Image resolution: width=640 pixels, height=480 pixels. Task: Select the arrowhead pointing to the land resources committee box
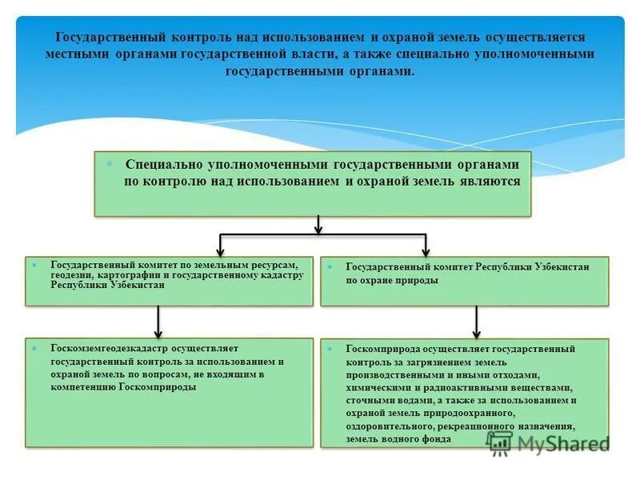point(221,251)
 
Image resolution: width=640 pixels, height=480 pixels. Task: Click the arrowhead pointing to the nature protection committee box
point(426,251)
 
